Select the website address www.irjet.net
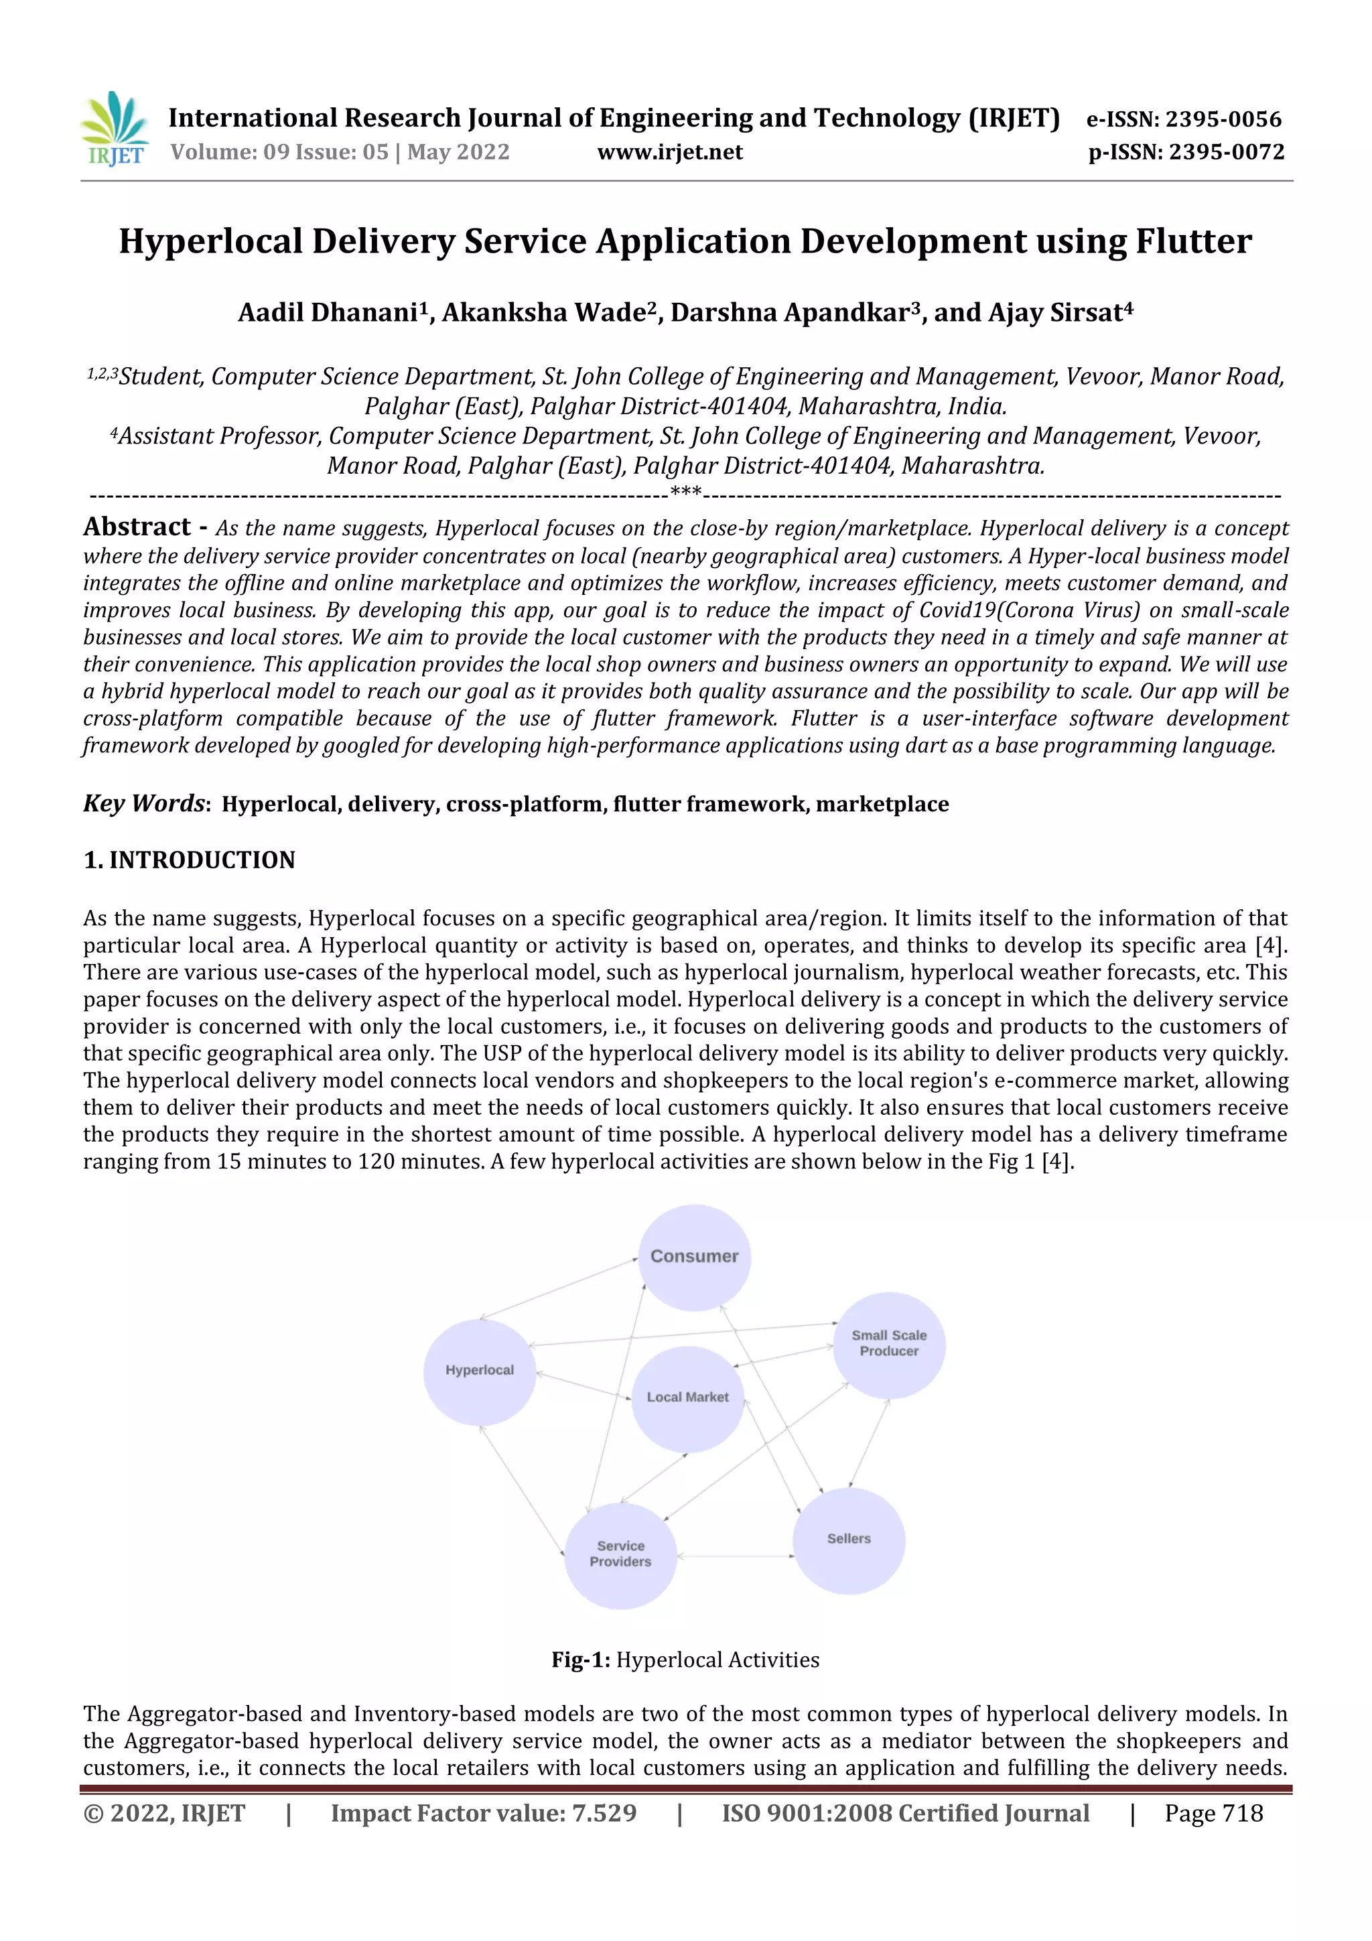[x=669, y=152]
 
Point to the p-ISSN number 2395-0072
[x=1226, y=152]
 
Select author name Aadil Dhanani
[x=328, y=313]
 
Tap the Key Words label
[x=144, y=803]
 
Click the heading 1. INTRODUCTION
[x=190, y=860]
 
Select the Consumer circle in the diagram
[x=694, y=1257]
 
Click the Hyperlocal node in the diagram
[x=479, y=1370]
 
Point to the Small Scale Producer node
[x=888, y=1343]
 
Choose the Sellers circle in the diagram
[x=849, y=1538]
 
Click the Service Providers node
[x=620, y=1554]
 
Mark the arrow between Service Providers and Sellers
[x=735, y=1556]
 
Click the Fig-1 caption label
[x=580, y=1660]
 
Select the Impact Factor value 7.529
[x=604, y=1812]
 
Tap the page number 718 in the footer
[x=1242, y=1812]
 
